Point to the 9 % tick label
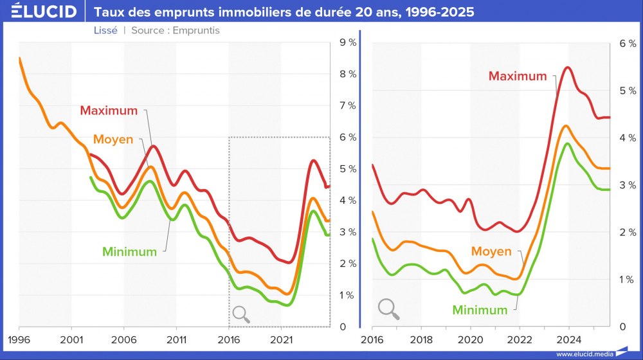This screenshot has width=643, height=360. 348,43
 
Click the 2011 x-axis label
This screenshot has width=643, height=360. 176,338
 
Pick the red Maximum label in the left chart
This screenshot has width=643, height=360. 109,111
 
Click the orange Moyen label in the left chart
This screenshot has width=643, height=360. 113,139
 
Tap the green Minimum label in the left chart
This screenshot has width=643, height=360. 129,252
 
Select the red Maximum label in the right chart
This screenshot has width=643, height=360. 517,76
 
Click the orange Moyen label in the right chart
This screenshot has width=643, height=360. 491,251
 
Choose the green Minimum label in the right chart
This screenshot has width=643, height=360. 480,310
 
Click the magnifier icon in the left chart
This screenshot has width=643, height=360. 241,314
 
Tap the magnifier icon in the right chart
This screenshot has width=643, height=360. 388,309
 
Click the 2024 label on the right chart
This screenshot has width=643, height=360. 568,338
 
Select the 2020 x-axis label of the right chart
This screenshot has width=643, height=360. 470,338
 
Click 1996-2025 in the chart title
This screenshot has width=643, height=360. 433,12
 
